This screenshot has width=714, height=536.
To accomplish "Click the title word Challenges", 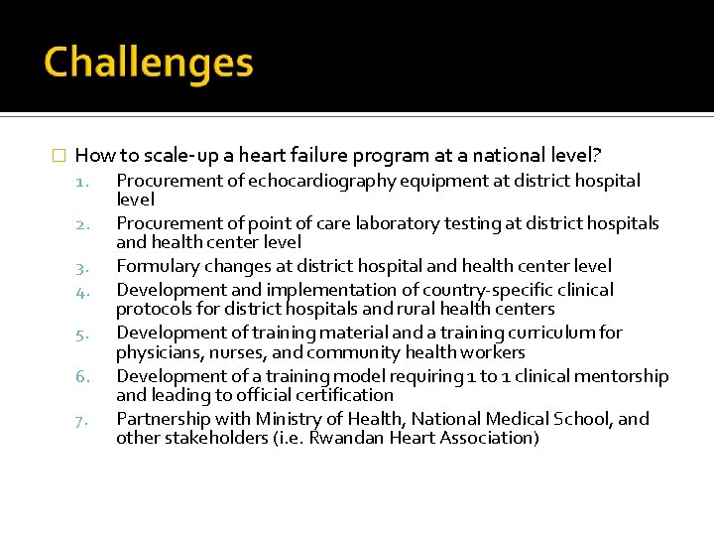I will [149, 63].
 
